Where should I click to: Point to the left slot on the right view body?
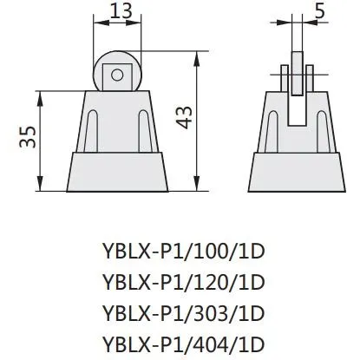pyautogui.click(x=270, y=130)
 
